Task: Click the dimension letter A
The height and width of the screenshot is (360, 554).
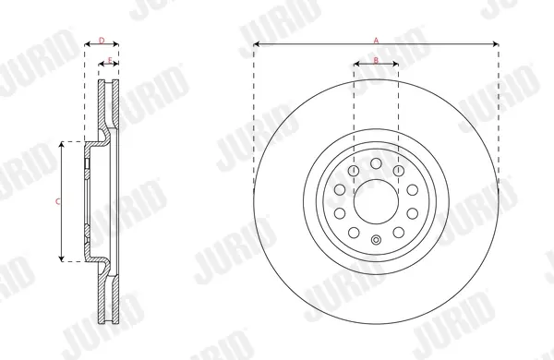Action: [377, 41]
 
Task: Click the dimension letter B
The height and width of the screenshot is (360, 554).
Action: [376, 60]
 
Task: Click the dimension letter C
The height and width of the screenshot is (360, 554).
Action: [57, 202]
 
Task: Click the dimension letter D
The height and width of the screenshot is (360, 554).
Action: [102, 41]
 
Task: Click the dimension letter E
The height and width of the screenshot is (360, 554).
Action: [110, 60]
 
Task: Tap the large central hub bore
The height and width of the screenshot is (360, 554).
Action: [377, 201]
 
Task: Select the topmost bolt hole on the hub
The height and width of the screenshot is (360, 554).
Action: [377, 163]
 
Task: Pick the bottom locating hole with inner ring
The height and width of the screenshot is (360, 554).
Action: [377, 240]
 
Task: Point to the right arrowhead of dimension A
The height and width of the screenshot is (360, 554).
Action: [495, 44]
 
